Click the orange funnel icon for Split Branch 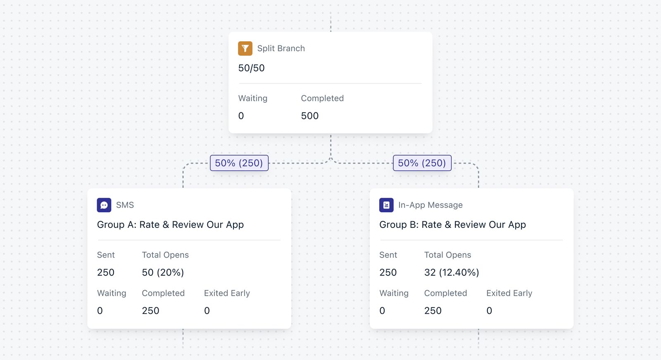coord(245,48)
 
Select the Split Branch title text coord(281,48)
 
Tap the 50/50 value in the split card coord(251,68)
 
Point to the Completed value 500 coord(309,116)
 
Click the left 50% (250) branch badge coord(239,163)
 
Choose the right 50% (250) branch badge coord(422,163)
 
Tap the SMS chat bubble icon coord(104,205)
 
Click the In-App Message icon coord(386,205)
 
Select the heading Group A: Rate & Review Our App coord(170,225)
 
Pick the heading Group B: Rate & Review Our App coord(452,225)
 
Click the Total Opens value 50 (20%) coord(163,272)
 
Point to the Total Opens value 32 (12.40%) coord(452,272)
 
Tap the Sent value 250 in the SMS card coord(106,272)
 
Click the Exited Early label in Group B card coord(509,293)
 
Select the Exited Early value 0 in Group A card coord(207,311)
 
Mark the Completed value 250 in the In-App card coord(433,311)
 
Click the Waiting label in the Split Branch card coord(253,98)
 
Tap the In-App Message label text coord(430,205)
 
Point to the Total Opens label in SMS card coord(165,255)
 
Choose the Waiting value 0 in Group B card coord(382,311)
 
